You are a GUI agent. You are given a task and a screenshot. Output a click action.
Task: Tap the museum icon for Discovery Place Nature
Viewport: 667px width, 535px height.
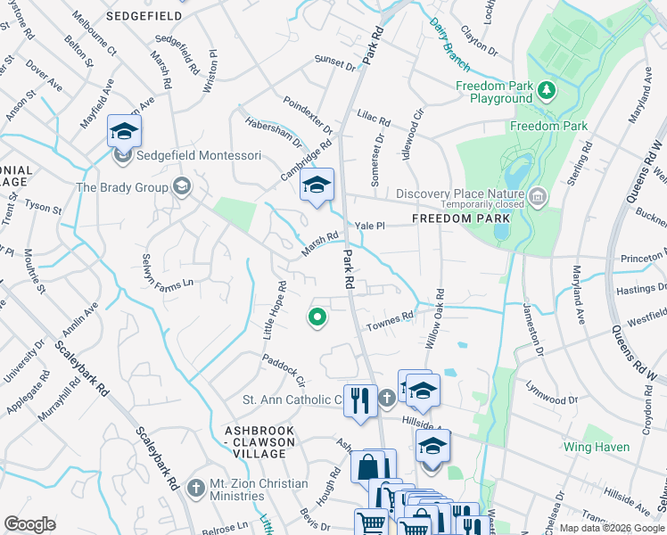pyautogui.click(x=537, y=194)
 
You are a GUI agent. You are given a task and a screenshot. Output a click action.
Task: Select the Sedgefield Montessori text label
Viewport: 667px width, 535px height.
pyautogui.click(x=199, y=156)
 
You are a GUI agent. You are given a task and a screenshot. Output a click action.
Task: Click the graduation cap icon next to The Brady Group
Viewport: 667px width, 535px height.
pyautogui.click(x=182, y=186)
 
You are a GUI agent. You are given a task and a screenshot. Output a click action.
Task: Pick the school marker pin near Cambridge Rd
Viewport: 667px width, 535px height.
pyautogui.click(x=316, y=186)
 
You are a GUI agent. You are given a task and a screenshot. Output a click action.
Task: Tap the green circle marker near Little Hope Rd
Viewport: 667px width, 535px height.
pyautogui.click(x=316, y=317)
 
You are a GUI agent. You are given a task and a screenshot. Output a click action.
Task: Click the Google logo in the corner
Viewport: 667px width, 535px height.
pyautogui.click(x=29, y=524)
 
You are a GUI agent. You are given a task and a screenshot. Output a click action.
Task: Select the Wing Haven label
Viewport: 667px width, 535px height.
pyautogui.click(x=597, y=445)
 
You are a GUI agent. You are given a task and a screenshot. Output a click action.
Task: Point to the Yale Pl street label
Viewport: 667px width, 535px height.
pyautogui.click(x=369, y=226)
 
